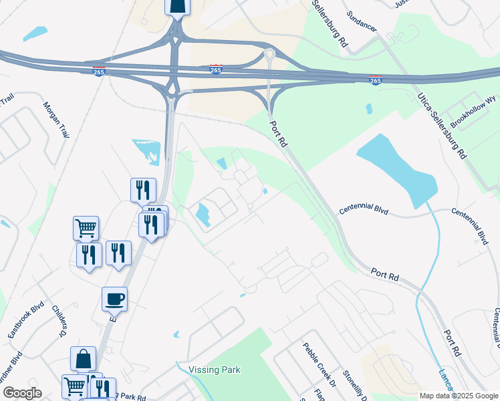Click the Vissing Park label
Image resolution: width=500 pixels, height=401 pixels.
pyautogui.click(x=214, y=370)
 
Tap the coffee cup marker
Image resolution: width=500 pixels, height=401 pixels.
pyautogui.click(x=114, y=299)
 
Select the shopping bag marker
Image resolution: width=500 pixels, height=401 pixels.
pyautogui.click(x=84, y=359)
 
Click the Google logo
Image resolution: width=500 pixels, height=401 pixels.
pyautogui.click(x=21, y=393)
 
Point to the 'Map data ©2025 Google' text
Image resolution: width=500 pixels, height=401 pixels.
pyautogui.click(x=458, y=396)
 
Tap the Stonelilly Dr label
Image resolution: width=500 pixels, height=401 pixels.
pyautogui.click(x=353, y=383)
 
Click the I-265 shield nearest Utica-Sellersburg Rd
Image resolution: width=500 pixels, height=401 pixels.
pyautogui.click(x=376, y=80)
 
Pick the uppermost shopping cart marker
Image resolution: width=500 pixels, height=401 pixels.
pyautogui.click(x=86, y=228)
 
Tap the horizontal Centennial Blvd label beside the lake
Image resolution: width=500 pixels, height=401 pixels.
pyautogui.click(x=363, y=210)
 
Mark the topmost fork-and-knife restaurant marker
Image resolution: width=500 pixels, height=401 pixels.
pyautogui.click(x=143, y=190)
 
